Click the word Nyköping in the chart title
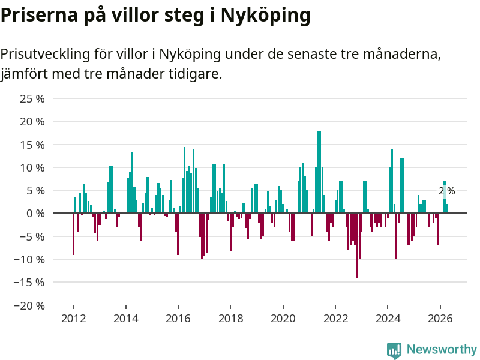(x=265, y=16)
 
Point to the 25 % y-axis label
(x=32, y=98)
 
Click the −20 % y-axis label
(x=29, y=305)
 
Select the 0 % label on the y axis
(x=35, y=214)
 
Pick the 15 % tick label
(x=32, y=145)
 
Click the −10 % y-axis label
(x=29, y=260)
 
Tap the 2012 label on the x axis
(x=73, y=319)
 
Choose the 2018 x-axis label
(x=231, y=319)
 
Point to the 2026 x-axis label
(x=440, y=319)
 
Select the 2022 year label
(x=335, y=319)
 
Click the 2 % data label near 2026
(x=446, y=191)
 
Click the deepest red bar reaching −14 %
(x=357, y=245)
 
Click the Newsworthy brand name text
(x=442, y=349)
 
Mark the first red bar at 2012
(x=73, y=234)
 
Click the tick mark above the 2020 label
(x=283, y=307)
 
